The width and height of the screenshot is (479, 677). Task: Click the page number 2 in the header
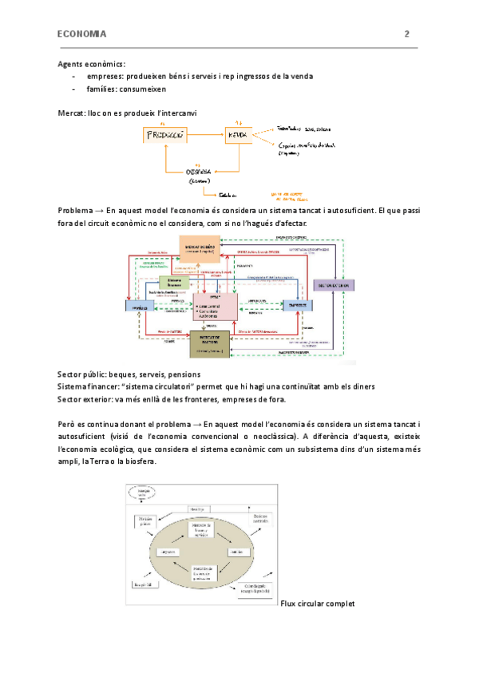click(407, 34)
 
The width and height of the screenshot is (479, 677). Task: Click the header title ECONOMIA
click(82, 34)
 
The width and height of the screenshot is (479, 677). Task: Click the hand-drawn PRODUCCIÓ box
click(165, 136)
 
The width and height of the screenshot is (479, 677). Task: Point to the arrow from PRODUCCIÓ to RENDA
click(206, 135)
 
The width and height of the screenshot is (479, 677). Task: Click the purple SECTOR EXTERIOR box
click(333, 285)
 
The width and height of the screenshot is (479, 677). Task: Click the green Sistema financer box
click(173, 283)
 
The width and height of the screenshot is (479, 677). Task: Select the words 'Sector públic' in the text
click(82, 374)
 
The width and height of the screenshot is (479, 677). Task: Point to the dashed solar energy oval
click(143, 495)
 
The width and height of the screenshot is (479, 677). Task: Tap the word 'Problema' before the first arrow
click(75, 210)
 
